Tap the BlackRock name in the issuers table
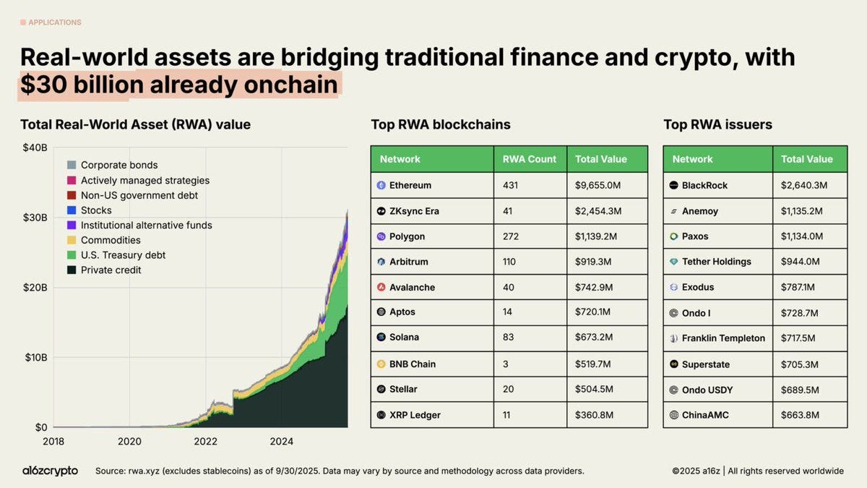click(x=704, y=185)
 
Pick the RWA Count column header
click(x=530, y=159)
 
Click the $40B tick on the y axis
click(x=34, y=147)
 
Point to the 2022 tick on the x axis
click(x=206, y=441)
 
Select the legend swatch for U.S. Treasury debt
click(x=72, y=255)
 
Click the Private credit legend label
click(x=111, y=270)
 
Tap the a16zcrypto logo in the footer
click(x=50, y=471)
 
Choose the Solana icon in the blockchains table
click(x=381, y=337)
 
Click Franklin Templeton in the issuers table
click(x=723, y=338)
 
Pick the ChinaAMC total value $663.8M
click(x=803, y=415)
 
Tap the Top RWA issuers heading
click(x=717, y=124)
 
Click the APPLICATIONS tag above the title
click(x=54, y=22)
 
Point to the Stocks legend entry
click(x=96, y=210)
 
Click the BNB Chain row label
click(x=413, y=364)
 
